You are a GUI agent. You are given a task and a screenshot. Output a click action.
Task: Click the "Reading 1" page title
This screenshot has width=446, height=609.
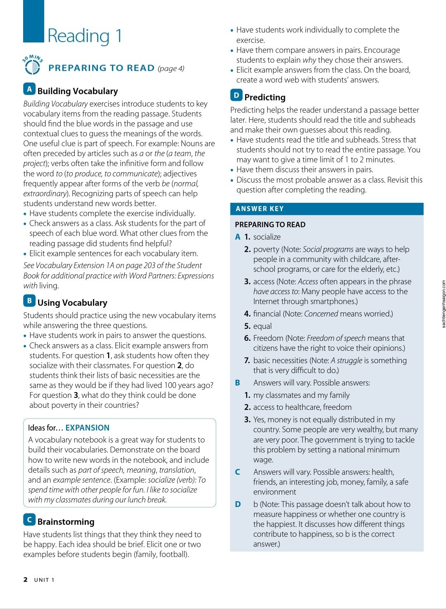(85, 36)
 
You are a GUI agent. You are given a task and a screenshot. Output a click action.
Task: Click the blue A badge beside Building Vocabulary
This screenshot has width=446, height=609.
(29, 89)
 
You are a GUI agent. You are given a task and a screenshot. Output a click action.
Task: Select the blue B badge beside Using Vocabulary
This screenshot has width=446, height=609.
(29, 301)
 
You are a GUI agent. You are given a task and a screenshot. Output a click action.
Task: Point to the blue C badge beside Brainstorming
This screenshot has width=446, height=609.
(29, 520)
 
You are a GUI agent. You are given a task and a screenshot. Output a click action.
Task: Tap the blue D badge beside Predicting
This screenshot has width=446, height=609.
(236, 95)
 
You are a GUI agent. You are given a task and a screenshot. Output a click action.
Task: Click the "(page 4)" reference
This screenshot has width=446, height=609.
(171, 69)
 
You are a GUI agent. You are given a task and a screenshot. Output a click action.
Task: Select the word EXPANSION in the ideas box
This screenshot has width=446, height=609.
(88, 428)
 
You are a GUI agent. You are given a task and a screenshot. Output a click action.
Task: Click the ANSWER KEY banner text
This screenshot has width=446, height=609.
(260, 209)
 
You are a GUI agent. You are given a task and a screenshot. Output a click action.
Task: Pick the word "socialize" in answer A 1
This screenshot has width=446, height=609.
(267, 237)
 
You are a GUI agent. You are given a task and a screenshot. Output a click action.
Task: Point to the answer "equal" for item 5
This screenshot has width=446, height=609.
(263, 326)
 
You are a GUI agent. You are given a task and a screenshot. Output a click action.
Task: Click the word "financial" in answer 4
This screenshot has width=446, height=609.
(267, 314)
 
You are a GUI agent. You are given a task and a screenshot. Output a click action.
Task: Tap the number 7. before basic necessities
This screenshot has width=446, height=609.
(247, 361)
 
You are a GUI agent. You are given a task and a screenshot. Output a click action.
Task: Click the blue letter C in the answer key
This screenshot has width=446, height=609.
(237, 472)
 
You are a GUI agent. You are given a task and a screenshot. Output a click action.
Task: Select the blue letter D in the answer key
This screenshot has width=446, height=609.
(238, 504)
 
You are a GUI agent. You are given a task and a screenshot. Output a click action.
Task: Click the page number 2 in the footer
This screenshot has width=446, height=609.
(26, 580)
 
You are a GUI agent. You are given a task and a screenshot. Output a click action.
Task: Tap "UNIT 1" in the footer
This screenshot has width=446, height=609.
(44, 580)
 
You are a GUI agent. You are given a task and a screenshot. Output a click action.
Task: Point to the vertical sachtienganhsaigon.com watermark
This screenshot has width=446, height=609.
(444, 304)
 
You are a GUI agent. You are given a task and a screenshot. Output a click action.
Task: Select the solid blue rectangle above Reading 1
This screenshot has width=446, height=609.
(33, 21)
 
